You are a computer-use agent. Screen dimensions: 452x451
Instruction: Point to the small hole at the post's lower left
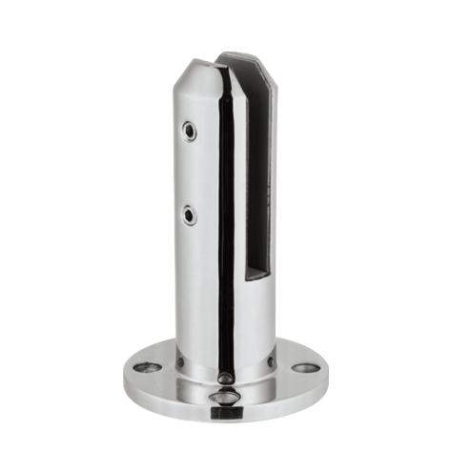point(182,361)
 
